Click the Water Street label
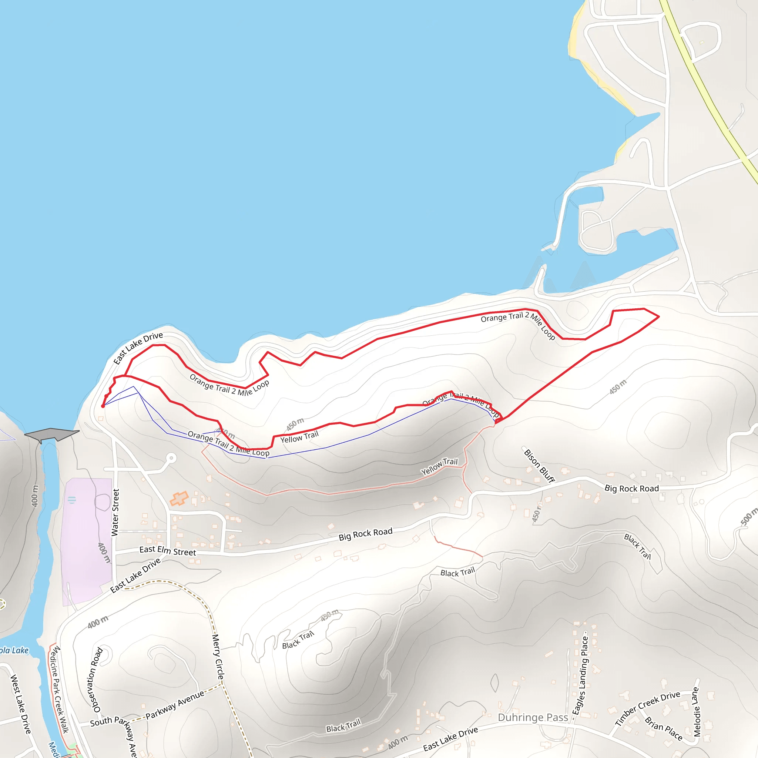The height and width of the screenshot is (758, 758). click(x=115, y=512)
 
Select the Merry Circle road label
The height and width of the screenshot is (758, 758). click(x=218, y=657)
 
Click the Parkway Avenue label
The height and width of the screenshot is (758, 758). click(x=175, y=705)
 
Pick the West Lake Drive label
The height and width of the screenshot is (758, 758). click(x=20, y=704)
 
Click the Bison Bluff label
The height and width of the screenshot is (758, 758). click(x=540, y=466)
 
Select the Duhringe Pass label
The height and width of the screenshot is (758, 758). click(x=533, y=718)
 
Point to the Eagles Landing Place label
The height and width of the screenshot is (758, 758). click(x=580, y=675)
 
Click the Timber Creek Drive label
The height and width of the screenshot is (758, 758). click(x=647, y=708)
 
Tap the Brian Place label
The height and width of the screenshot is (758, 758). click(x=664, y=728)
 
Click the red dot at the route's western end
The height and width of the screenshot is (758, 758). click(x=103, y=406)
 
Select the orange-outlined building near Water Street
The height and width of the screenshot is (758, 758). click(x=179, y=499)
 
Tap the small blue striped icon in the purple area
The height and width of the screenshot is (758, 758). click(x=72, y=500)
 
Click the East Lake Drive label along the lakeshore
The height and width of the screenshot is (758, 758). click(x=138, y=348)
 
